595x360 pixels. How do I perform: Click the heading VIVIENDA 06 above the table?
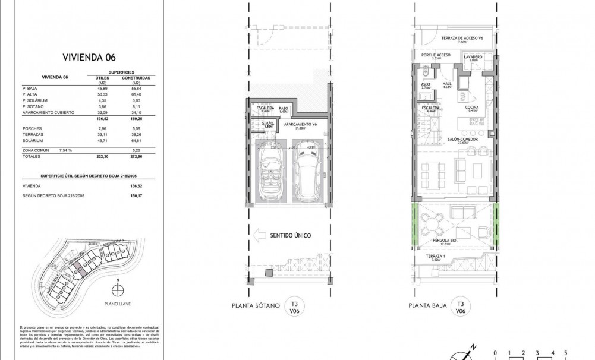[89, 57]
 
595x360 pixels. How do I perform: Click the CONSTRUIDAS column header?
[136, 78]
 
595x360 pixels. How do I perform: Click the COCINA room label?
[473, 108]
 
